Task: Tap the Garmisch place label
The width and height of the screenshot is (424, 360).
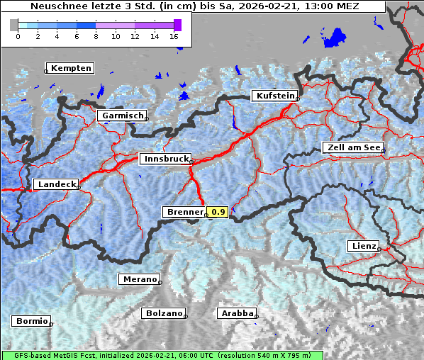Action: (123, 116)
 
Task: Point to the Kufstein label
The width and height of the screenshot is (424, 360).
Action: (274, 96)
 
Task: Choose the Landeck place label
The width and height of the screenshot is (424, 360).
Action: (56, 184)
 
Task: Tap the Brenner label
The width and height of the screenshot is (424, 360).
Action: (184, 212)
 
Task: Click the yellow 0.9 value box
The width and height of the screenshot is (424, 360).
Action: (218, 212)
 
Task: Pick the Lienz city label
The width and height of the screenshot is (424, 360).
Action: (363, 246)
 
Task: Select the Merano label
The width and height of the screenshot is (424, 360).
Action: (139, 279)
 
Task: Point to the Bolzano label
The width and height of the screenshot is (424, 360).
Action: (164, 313)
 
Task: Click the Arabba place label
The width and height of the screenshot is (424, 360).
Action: (237, 313)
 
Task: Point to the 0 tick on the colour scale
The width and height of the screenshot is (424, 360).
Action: (18, 35)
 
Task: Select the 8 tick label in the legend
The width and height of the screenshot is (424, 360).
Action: (96, 35)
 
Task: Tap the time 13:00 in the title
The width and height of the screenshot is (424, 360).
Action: (320, 6)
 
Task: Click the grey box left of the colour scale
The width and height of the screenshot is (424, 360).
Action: (13, 25)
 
